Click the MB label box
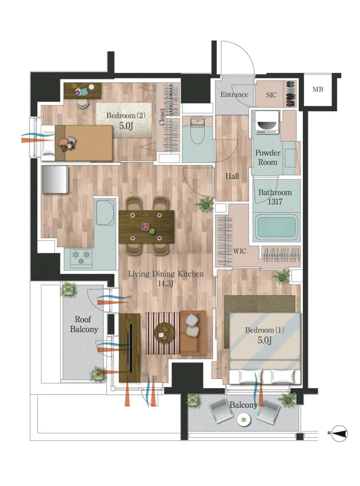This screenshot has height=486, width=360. point(318,89)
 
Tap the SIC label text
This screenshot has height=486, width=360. point(271,95)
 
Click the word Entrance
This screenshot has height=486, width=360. point(234,94)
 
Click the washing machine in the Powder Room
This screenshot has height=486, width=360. point(267,122)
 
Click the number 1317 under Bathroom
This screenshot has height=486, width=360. point(275,202)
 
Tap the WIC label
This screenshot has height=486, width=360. point(239,251)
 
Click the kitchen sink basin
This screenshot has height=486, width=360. point(105,212)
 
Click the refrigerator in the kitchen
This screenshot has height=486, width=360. point(54,180)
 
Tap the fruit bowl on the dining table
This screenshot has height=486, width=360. point(145,228)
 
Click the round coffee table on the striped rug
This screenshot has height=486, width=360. point(164,333)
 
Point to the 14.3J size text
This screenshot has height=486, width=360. point(165,283)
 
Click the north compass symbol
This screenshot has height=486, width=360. point(339,433)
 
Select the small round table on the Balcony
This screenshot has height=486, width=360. point(244,420)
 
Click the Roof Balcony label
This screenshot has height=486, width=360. point(84,324)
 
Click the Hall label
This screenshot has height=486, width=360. point(232,176)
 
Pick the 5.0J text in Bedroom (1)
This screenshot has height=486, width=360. point(265,340)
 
